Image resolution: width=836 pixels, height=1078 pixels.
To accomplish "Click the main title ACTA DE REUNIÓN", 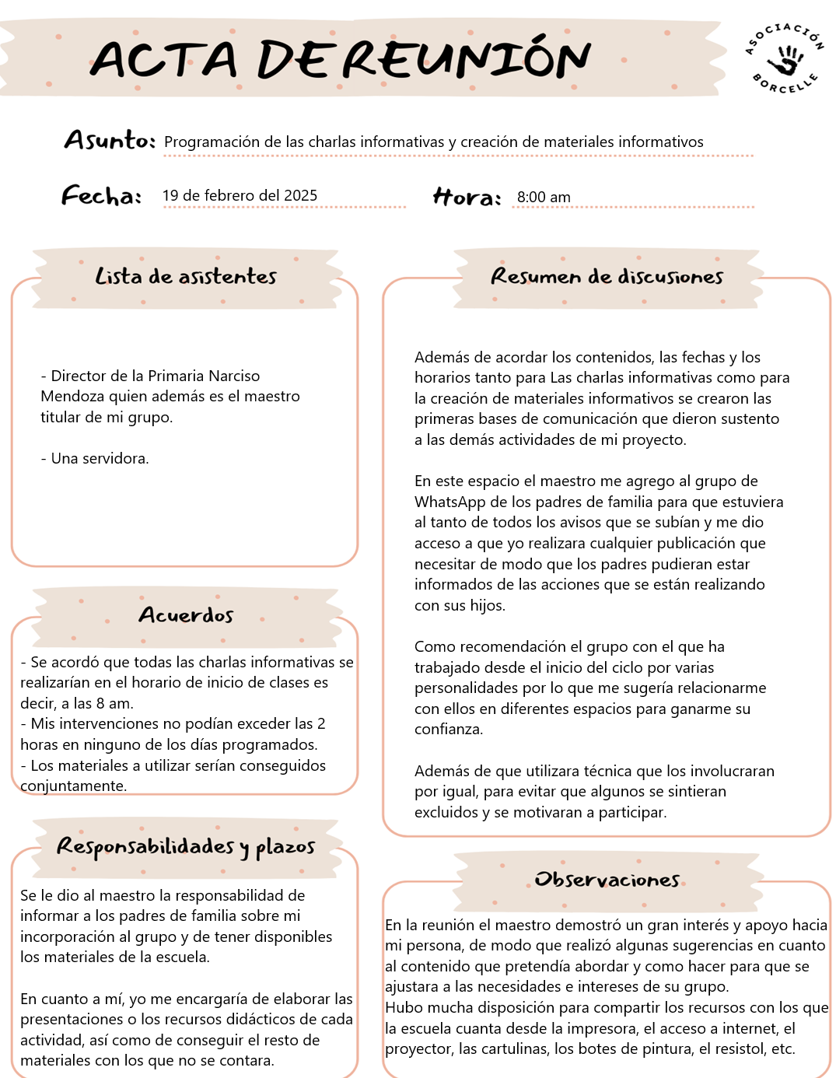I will [341, 59].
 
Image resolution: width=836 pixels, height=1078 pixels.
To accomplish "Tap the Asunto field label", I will [110, 140].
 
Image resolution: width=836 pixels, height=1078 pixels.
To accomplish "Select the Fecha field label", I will [101, 195].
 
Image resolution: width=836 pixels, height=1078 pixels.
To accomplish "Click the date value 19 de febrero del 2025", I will [240, 195].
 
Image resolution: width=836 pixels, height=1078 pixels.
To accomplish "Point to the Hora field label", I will [467, 197].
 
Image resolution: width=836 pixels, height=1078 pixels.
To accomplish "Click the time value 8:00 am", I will [544, 198].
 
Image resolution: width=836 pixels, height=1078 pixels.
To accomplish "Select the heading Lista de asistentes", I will [186, 276].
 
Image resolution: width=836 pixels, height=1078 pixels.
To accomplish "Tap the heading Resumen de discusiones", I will [607, 276].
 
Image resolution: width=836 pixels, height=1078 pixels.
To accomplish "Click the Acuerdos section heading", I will [186, 615].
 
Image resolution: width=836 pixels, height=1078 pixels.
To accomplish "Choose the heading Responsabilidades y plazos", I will [186, 846].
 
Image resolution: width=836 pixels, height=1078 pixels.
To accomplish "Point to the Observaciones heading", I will [607, 880].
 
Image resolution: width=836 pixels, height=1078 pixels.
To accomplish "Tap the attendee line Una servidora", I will [95, 458].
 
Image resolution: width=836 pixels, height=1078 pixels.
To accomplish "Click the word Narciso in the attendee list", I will [232, 376].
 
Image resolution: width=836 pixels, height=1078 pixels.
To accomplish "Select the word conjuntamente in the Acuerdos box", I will [73, 786].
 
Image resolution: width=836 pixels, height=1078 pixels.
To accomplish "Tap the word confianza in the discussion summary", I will [449, 729].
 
